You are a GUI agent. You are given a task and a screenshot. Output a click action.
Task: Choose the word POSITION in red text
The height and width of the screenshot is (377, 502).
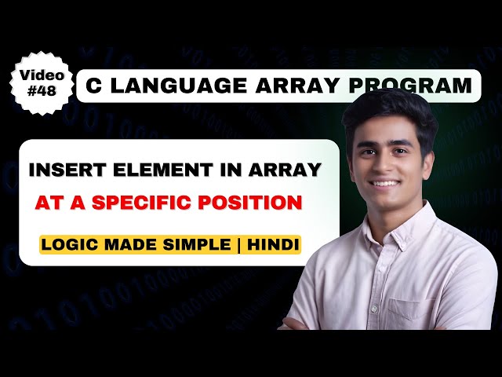[256, 202]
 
